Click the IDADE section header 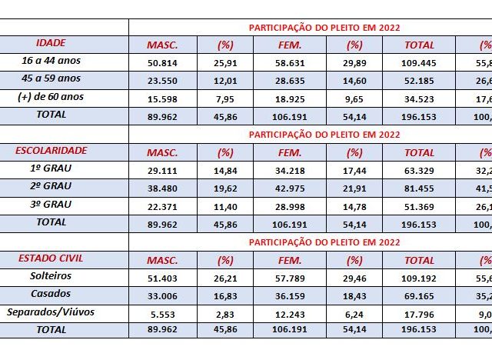click(63, 43)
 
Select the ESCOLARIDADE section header click(63, 151)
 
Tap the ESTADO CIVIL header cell click(63, 258)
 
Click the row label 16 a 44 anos click(63, 61)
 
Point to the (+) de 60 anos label click(63, 96)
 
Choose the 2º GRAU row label click(63, 186)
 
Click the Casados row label click(63, 294)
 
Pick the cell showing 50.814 click(163, 62)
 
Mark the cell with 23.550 click(163, 79)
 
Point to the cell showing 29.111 click(163, 169)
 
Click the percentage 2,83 click(226, 312)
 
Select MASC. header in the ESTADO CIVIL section click(163, 260)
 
